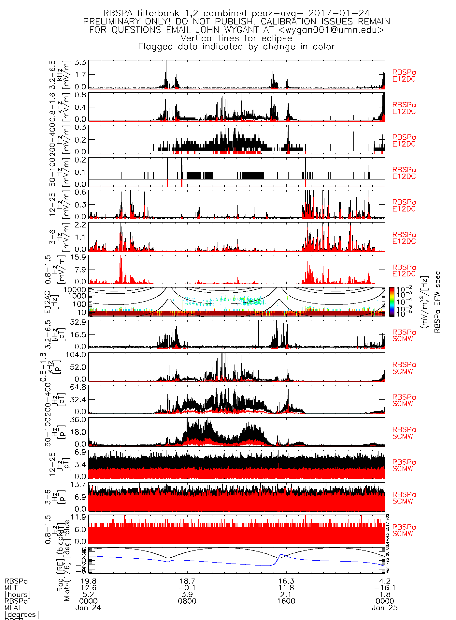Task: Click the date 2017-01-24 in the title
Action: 339,13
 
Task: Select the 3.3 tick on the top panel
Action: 80,62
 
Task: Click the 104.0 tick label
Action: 76,354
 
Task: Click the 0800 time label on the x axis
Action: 187,601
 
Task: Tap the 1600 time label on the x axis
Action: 286,601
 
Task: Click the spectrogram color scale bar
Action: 392,302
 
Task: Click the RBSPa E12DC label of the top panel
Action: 404,76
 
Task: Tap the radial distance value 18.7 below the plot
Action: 187,581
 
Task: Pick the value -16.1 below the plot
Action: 385,588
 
